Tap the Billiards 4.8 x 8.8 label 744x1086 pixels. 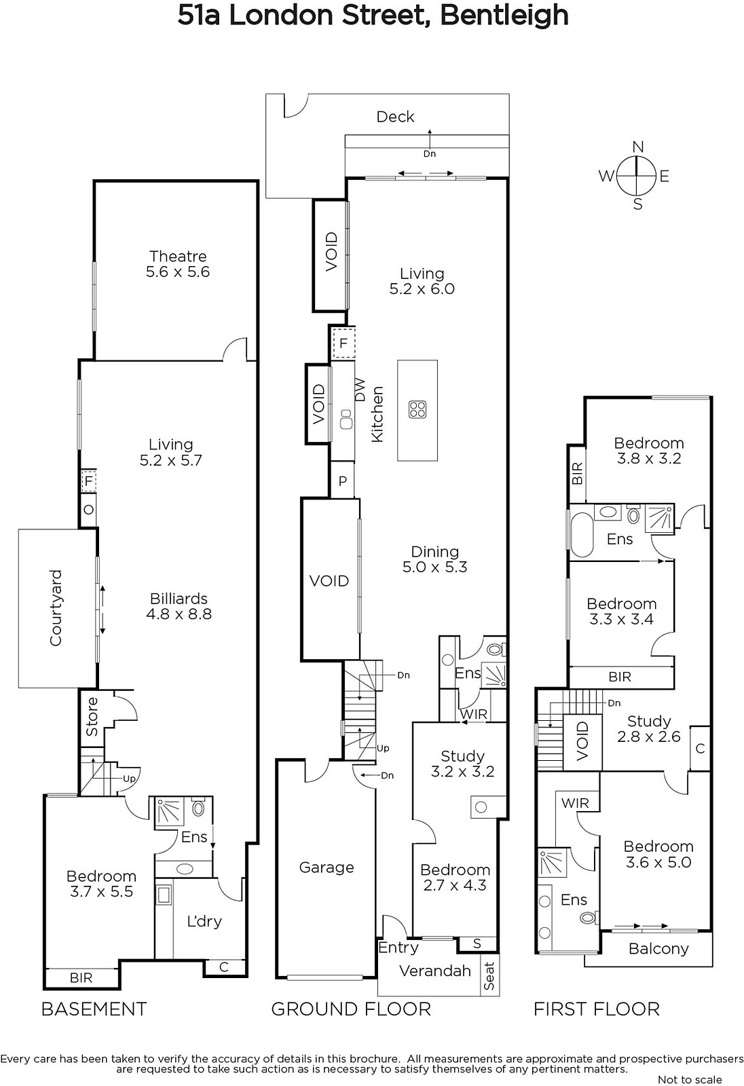(x=179, y=606)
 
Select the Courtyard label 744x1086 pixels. (x=56, y=607)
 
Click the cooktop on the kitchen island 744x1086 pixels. (x=417, y=409)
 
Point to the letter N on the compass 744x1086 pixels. (x=638, y=147)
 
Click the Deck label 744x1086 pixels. (x=395, y=116)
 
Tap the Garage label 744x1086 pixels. (x=327, y=867)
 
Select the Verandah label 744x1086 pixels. (x=435, y=971)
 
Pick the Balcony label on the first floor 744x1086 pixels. (x=658, y=949)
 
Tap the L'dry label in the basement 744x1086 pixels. (x=204, y=921)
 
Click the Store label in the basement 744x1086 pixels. (x=92, y=717)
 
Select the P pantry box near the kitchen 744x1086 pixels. (x=342, y=481)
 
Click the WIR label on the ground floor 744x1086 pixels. (x=473, y=713)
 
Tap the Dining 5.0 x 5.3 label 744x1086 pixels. (x=434, y=559)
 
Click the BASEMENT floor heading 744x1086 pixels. (x=94, y=1009)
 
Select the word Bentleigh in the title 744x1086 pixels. (x=504, y=16)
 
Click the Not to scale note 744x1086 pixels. (x=690, y=1080)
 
